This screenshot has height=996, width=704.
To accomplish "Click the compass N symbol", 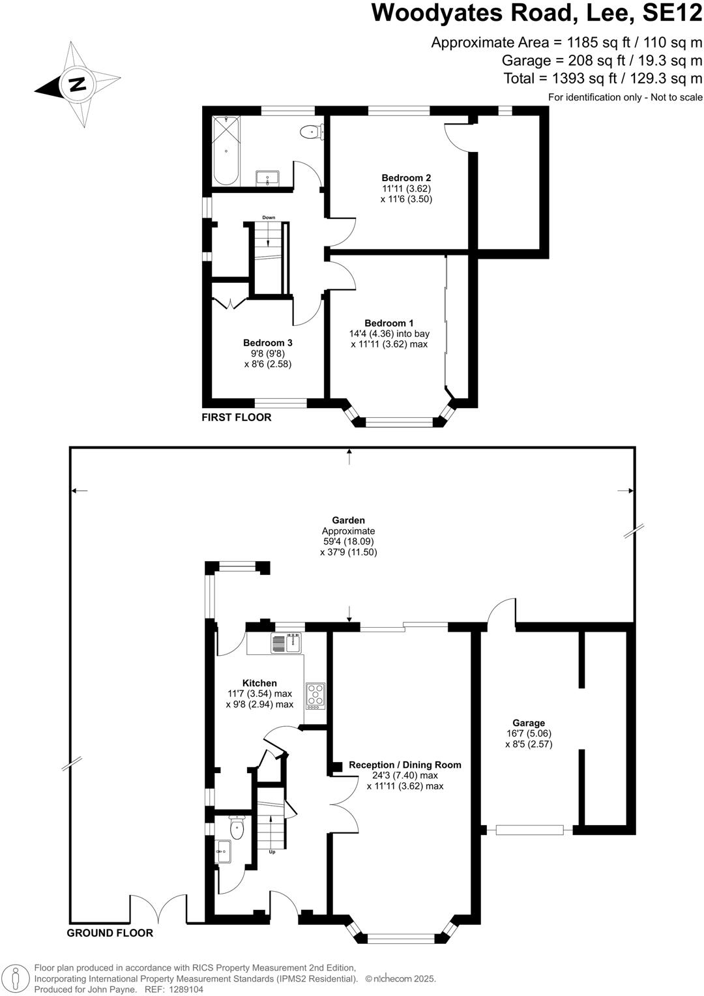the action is pos(78,84).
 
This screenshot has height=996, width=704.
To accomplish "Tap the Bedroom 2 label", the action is pos(406,179).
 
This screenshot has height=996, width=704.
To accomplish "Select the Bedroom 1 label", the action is pos(389,323).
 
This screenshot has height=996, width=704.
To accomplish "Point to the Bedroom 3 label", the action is pos(268,343).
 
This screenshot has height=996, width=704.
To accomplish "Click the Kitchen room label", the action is pos(259,683).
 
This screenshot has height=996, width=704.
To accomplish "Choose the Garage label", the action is pos(529,723).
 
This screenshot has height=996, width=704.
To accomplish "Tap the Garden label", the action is pos(349,520).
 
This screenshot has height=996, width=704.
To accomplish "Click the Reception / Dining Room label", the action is pos(405,765).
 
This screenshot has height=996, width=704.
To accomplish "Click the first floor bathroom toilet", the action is pos(312,132).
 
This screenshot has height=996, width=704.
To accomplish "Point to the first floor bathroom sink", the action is pos(267,178).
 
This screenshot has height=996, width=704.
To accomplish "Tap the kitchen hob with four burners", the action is pos(315,696).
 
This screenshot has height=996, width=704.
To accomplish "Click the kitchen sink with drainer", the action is pos(286,643).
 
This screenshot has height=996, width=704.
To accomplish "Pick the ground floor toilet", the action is pos(237,827).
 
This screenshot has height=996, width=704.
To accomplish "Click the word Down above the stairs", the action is pos(269,218).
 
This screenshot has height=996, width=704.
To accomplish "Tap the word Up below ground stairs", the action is pos(272,852).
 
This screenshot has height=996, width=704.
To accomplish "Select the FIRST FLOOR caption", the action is pos(236,417).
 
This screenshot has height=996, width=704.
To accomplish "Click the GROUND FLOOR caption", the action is pos(110,933).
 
